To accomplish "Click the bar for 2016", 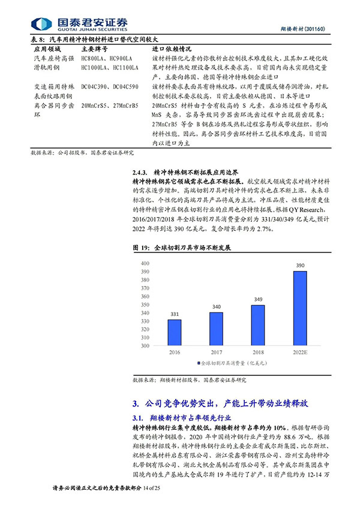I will pos(174,332).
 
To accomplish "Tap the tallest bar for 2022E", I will pos(299,308).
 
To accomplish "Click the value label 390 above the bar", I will pos(299,265).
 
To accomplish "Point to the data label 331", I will pos(174,314).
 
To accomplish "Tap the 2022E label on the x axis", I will pos(299,353).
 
